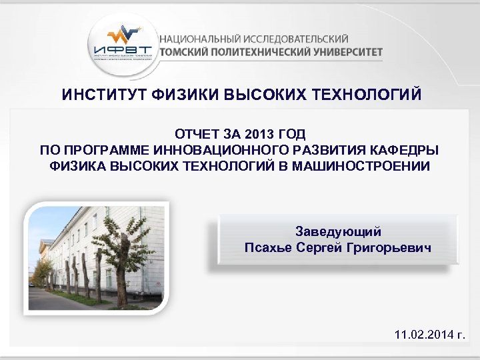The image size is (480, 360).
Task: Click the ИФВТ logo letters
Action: point(123,49)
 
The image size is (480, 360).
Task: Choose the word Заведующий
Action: point(338,231)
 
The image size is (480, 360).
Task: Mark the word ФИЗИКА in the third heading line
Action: point(73,165)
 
